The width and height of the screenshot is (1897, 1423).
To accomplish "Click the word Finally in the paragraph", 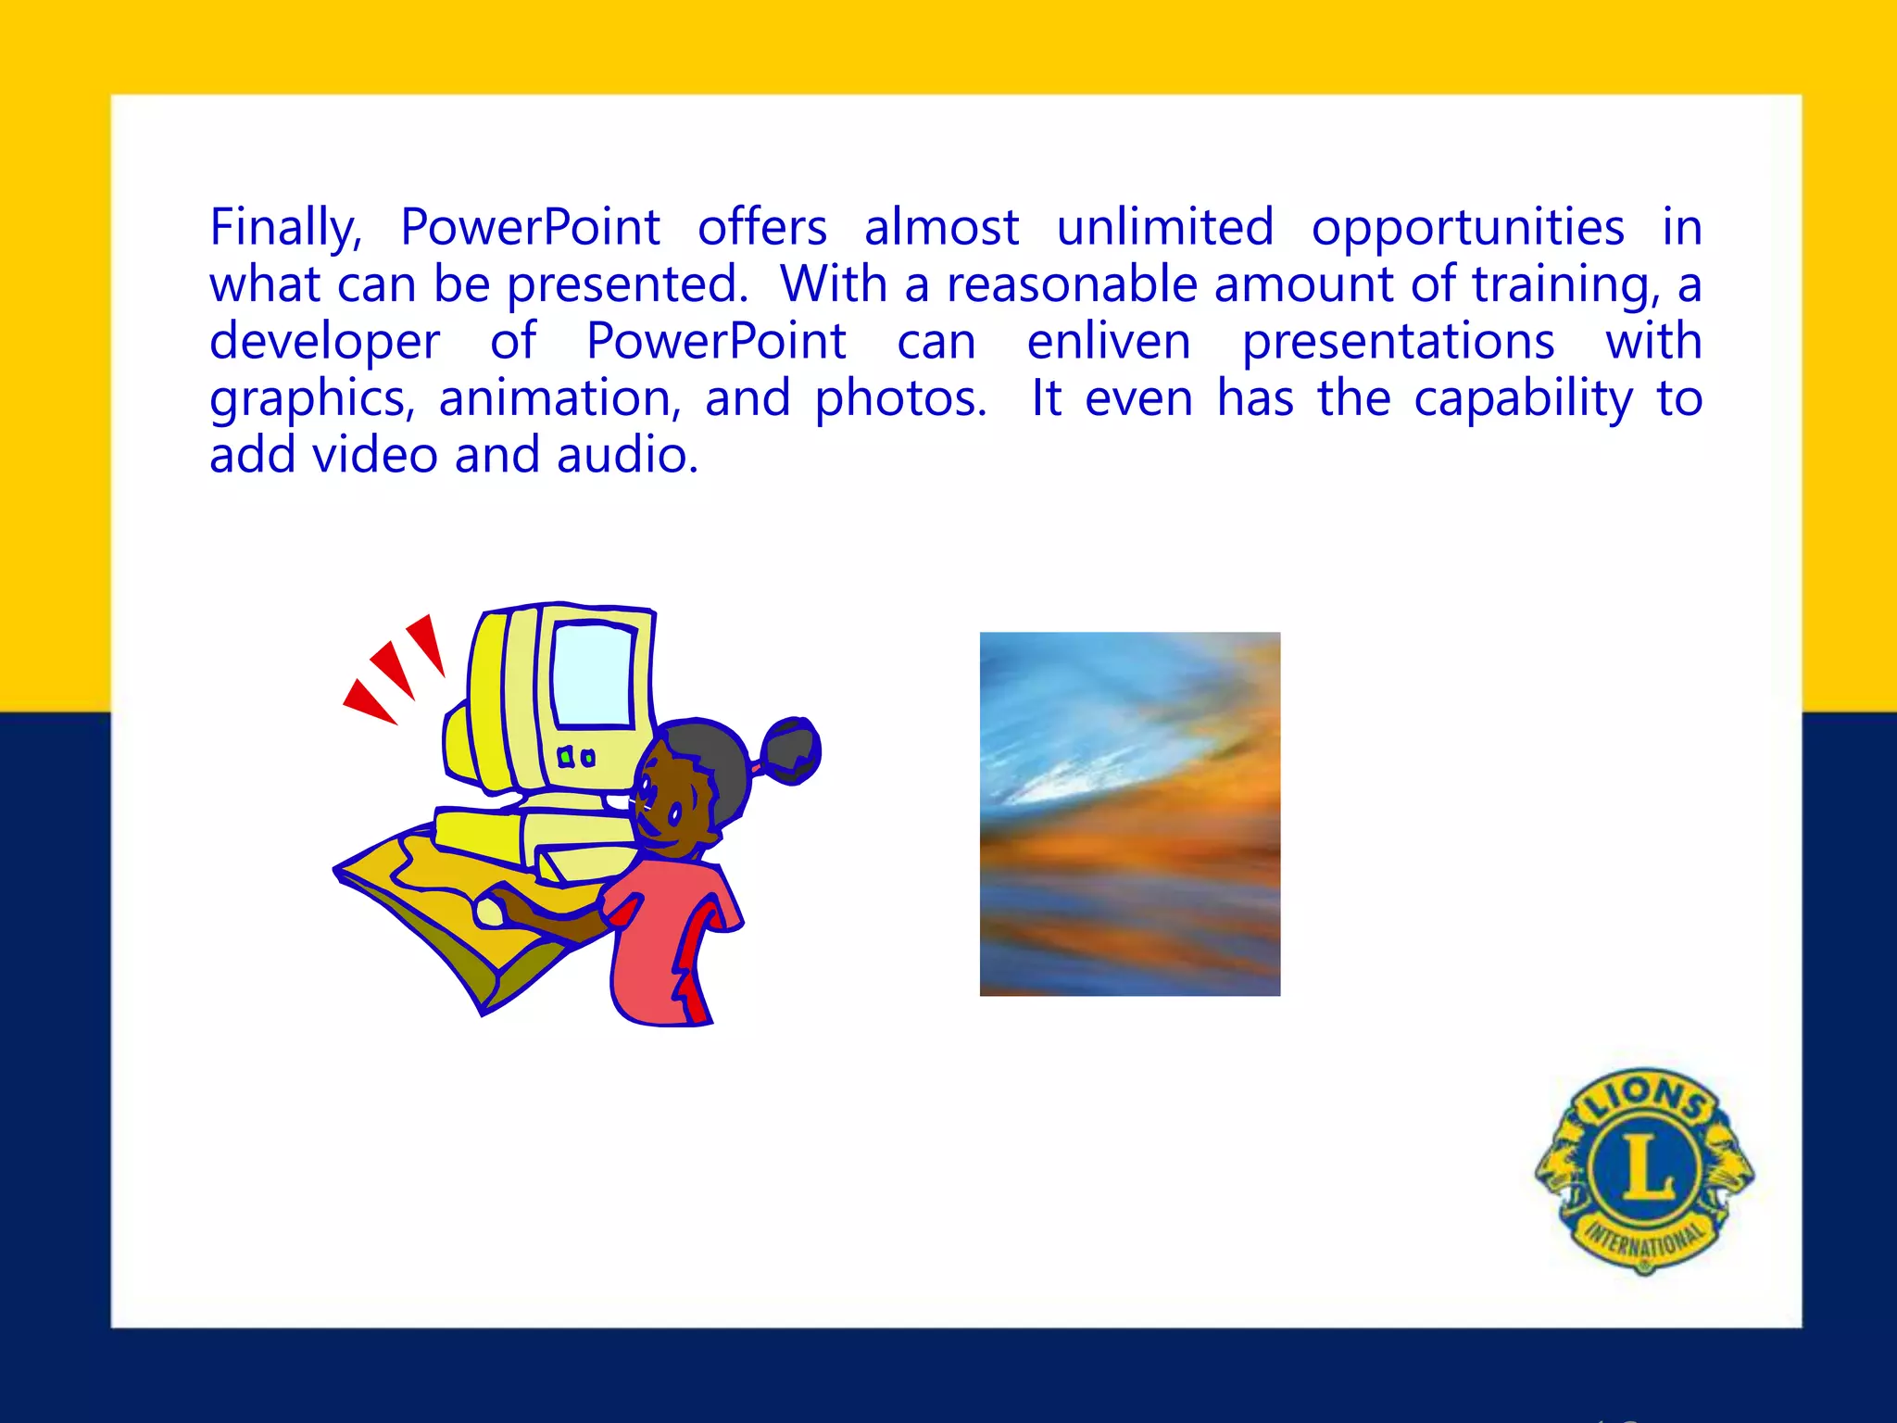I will [x=284, y=228].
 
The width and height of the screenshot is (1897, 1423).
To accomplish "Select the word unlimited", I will [x=1165, y=228].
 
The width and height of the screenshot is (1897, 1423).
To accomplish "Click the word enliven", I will [x=1109, y=342].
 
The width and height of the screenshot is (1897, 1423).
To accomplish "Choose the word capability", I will [x=1524, y=399].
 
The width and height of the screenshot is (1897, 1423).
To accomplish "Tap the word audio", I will [x=627, y=456].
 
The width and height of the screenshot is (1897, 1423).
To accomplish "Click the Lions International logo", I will [x=1644, y=1170].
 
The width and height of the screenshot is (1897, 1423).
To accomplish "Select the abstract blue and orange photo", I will [x=1130, y=813].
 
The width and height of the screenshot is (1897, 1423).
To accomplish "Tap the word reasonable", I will [x=1072, y=285].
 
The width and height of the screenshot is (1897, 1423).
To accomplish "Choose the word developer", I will [x=324, y=342].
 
